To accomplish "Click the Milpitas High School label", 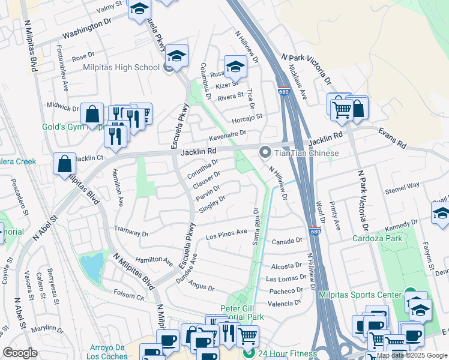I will (x=121, y=68).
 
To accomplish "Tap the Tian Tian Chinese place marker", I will (x=264, y=153).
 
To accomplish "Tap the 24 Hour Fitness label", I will (x=288, y=353).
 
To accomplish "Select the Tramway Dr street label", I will (x=131, y=232).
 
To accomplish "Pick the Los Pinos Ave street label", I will (x=226, y=233).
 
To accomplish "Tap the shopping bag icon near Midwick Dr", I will (x=92, y=113).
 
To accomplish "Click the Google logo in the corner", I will (x=20, y=353).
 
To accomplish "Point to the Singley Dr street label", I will (x=212, y=204).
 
